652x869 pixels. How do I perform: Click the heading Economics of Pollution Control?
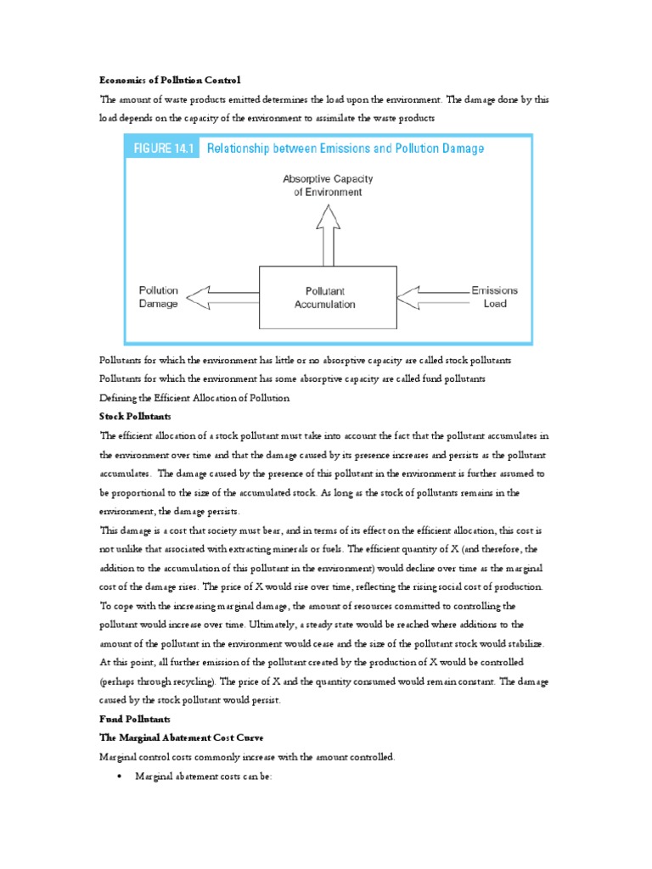170,80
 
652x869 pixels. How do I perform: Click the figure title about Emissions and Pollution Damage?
346,149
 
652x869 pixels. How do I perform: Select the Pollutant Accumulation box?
326,297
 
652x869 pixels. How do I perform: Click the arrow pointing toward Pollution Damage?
221,297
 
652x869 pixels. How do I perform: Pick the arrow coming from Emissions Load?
432,297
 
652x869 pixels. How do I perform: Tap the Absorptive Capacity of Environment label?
327,186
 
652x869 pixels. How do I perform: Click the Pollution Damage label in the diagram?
159,297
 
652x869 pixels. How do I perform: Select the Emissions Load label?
494,297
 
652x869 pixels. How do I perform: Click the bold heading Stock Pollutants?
135,417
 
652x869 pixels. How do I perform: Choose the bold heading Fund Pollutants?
134,719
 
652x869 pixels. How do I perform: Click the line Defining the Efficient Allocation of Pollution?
194,398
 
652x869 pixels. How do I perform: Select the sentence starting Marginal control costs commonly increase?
246,756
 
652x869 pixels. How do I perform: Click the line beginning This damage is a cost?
324,530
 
